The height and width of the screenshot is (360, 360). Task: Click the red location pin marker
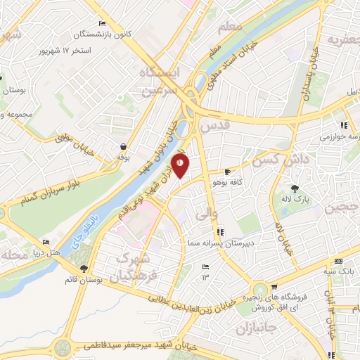pyautogui.click(x=181, y=167)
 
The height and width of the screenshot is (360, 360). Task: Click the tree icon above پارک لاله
pyautogui.click(x=295, y=188)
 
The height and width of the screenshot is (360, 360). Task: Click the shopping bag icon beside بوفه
pyautogui.click(x=124, y=147)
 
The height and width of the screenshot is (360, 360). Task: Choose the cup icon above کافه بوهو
pyautogui.click(x=227, y=172)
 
